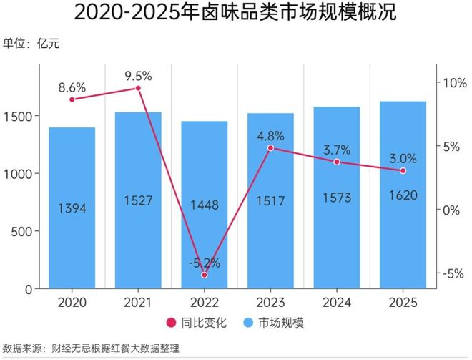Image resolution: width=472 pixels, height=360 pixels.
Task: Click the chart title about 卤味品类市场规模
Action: (x=235, y=13)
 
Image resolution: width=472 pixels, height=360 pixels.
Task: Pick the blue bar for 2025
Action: (x=403, y=236)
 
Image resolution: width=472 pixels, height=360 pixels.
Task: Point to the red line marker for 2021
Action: (x=138, y=88)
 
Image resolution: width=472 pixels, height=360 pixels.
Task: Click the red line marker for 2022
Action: (x=205, y=275)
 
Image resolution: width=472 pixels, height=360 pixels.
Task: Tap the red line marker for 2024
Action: (x=337, y=162)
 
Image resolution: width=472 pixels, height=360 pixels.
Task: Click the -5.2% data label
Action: (x=204, y=262)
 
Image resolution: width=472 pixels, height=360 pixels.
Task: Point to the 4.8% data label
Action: (x=270, y=135)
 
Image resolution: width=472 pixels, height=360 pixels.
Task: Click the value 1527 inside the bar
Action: (x=138, y=201)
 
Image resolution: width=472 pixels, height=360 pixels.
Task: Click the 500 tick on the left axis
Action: (x=24, y=232)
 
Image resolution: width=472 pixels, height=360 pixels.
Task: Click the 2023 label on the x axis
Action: (x=270, y=303)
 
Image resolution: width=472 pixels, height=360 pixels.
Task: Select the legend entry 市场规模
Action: (x=277, y=323)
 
